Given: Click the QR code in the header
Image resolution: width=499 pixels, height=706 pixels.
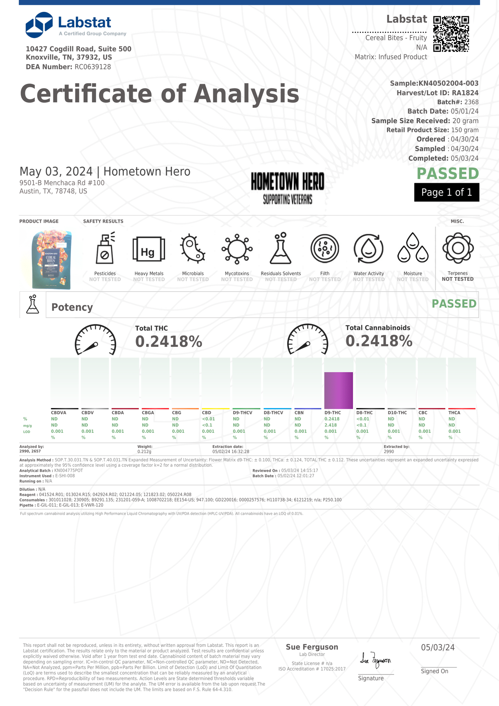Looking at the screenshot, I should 451,34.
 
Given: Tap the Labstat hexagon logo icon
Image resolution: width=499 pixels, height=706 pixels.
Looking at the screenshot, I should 39,25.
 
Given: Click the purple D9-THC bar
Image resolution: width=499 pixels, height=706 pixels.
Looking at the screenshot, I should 338,390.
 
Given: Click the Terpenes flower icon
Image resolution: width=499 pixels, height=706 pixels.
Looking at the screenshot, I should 458,248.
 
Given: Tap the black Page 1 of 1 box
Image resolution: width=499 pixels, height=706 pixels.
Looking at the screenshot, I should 446,192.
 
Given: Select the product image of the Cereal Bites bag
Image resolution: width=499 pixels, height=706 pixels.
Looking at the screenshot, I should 51,259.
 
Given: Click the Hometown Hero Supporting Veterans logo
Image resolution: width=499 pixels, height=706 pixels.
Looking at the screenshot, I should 288,188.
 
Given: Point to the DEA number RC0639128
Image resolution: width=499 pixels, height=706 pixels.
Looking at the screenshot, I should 93,67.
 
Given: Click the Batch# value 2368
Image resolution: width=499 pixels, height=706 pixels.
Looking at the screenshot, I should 471,102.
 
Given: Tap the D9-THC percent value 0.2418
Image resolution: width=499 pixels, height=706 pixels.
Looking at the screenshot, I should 332,419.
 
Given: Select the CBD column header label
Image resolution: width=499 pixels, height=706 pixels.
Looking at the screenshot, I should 207,413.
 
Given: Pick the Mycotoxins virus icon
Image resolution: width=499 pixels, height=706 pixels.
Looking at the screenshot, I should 237,249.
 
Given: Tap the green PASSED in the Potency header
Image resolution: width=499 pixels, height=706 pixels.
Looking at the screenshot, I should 454,304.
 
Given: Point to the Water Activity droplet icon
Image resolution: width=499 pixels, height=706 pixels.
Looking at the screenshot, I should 368,249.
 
